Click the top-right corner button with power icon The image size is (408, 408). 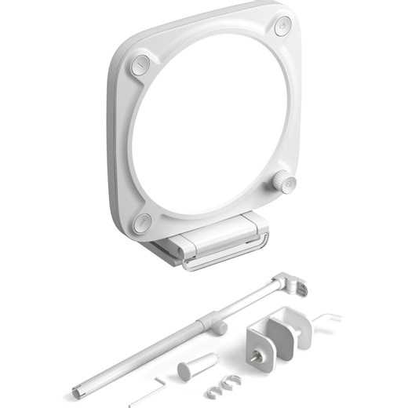(282, 27)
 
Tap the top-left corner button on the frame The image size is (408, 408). (140, 64)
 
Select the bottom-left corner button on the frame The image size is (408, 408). (142, 223)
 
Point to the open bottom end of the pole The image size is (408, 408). (76, 389)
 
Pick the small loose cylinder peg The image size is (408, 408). (196, 366)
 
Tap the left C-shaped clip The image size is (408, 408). (212, 388)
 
